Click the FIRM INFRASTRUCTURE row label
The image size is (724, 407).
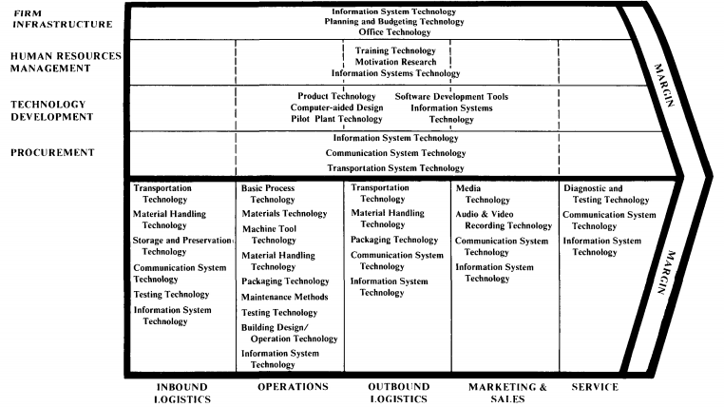pos(62,18)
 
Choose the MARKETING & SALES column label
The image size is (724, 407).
pos(509,394)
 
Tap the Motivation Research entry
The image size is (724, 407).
pos(395,62)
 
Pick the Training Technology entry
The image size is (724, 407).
pos(395,50)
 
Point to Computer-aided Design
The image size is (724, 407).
pos(336,107)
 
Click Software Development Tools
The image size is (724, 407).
pos(451,96)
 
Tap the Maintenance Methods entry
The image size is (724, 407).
pos(285,297)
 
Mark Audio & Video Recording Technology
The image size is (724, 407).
pos(503,221)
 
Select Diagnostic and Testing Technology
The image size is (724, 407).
pos(606,194)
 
